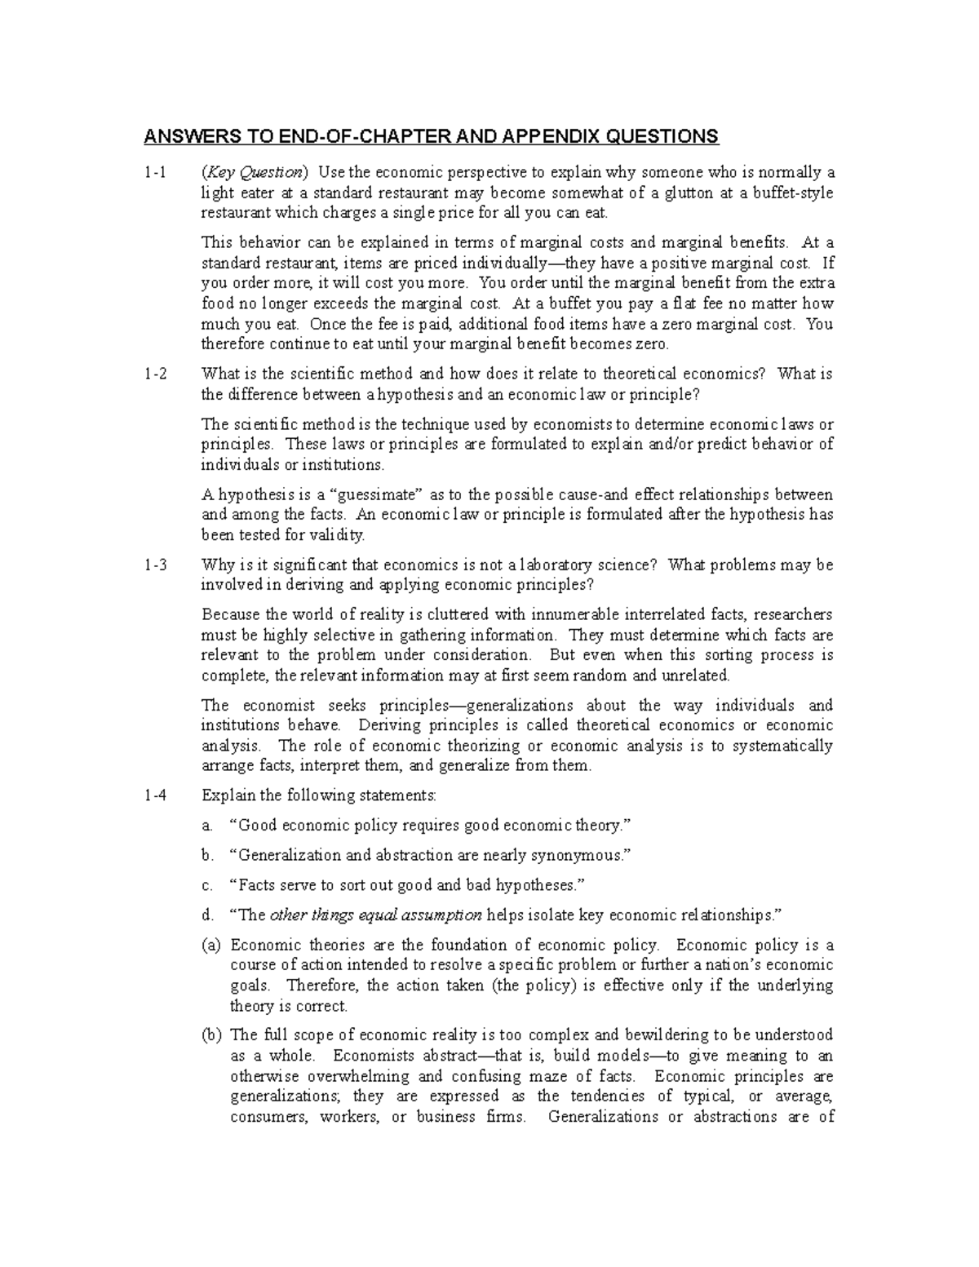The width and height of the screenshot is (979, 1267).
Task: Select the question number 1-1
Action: [155, 173]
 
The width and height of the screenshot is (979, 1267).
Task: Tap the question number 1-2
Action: [155, 374]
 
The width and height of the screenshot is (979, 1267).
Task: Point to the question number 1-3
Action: [155, 565]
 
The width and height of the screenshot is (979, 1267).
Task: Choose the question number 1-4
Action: [155, 795]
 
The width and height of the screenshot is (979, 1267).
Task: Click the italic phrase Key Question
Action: [255, 173]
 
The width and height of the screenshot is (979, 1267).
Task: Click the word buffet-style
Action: [794, 193]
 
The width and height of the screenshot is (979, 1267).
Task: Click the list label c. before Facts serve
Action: [207, 885]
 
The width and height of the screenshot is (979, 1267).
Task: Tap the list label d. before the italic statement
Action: [207, 915]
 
